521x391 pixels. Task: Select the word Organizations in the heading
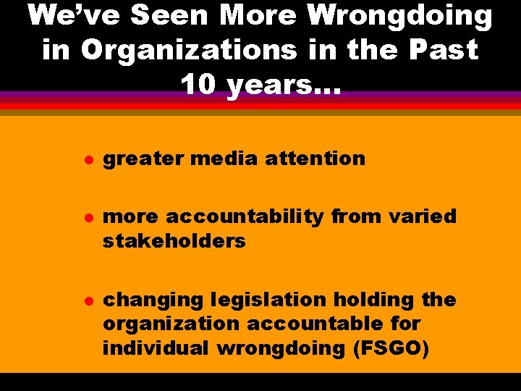[x=188, y=50]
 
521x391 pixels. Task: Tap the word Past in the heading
[x=443, y=50]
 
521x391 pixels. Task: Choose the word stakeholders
[x=174, y=241]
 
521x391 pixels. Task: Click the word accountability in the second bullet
[x=246, y=216]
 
